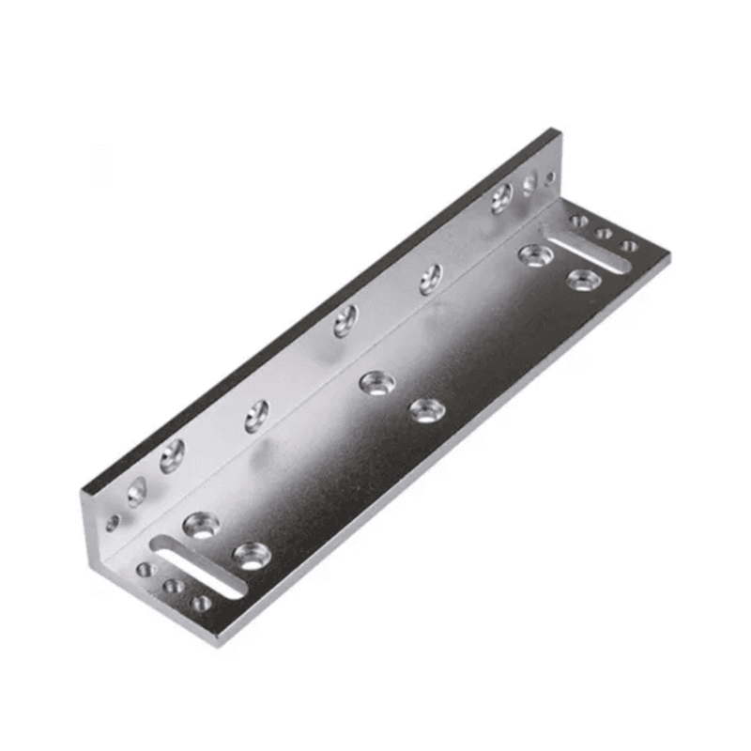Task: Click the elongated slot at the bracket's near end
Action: (199, 566)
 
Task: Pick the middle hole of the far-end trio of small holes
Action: (605, 233)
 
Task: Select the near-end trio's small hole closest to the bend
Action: (146, 570)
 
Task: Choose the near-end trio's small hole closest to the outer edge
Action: (201, 603)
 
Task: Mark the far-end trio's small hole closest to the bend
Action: (579, 222)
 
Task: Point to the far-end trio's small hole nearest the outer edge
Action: (629, 246)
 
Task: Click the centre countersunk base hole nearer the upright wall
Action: (376, 382)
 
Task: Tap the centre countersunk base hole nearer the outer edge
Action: (426, 409)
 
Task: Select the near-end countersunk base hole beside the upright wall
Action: (202, 524)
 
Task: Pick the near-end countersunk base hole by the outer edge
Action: (252, 555)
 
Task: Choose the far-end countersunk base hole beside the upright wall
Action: (535, 254)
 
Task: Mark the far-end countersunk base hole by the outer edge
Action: (584, 279)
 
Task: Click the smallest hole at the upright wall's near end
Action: (113, 523)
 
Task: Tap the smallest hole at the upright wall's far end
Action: (550, 176)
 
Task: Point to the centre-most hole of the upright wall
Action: (345, 321)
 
